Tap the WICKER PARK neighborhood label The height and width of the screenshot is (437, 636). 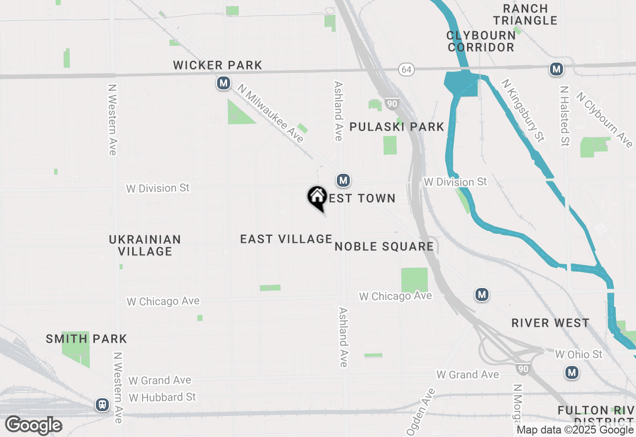[218, 65]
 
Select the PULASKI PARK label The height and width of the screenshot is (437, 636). [397, 127]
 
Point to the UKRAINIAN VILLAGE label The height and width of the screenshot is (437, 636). [145, 245]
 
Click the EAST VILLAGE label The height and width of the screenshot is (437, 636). [286, 239]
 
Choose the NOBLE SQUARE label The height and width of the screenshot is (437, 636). [384, 246]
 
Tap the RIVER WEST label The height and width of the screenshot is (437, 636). [551, 323]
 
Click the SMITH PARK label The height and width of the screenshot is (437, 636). [86, 339]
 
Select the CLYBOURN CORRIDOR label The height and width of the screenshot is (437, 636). [480, 41]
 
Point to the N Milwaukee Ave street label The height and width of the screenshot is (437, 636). [271, 113]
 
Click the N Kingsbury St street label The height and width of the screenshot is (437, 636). [523, 110]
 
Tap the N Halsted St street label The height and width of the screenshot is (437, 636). [564, 116]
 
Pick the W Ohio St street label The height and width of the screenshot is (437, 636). [578, 354]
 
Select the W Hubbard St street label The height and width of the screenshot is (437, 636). [162, 397]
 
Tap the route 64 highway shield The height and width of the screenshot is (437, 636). [406, 70]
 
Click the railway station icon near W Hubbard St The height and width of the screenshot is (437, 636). [102, 405]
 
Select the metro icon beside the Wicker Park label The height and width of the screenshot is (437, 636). [224, 83]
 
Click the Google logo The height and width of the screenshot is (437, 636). [33, 426]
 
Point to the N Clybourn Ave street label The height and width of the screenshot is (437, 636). [605, 120]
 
